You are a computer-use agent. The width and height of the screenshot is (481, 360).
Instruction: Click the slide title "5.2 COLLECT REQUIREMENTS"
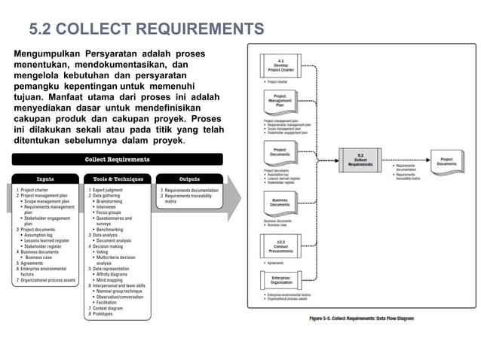tap(146, 29)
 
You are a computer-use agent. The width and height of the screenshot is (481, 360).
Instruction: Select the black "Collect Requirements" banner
tap(116, 160)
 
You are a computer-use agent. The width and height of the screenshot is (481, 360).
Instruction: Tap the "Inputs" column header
tap(44, 179)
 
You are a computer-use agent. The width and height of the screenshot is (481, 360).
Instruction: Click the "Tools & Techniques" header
tap(117, 179)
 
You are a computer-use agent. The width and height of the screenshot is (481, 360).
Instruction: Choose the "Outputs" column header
tap(189, 179)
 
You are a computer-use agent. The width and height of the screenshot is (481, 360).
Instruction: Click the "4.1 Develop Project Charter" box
tap(280, 66)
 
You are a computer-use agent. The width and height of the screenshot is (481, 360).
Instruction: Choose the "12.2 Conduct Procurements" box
tap(280, 246)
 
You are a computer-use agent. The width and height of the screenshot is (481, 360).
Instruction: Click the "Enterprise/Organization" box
tap(280, 280)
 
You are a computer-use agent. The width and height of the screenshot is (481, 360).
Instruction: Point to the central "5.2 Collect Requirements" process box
tap(360, 160)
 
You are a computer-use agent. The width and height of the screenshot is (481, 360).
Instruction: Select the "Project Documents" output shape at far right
tap(446, 160)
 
